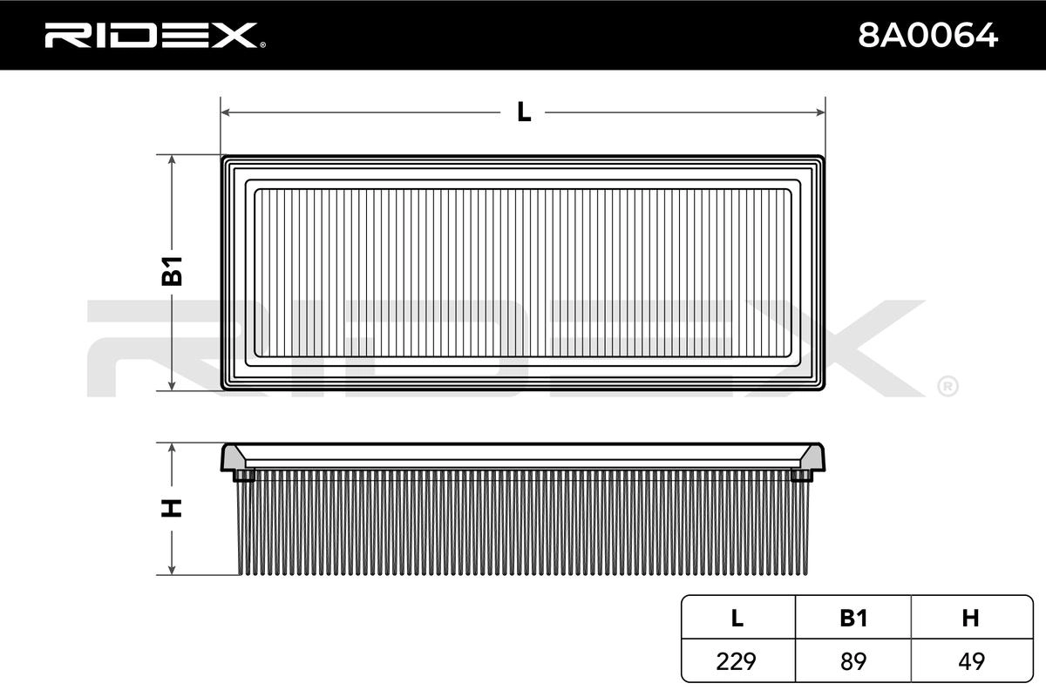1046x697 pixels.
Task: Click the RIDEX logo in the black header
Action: click(x=155, y=36)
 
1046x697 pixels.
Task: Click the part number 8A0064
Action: click(x=927, y=36)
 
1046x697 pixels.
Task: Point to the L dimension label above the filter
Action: click(x=524, y=112)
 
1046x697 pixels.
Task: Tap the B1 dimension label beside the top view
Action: click(x=172, y=271)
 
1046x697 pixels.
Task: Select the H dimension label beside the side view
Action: click(x=172, y=509)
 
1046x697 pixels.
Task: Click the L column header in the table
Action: click(x=737, y=618)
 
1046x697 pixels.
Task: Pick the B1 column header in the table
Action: click(x=853, y=618)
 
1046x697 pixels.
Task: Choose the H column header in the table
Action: click(x=970, y=618)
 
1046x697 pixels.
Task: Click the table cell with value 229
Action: click(x=736, y=661)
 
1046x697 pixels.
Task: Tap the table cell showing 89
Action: click(x=853, y=661)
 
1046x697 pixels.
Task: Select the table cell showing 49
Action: click(x=971, y=661)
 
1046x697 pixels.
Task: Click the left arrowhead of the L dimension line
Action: click(x=226, y=112)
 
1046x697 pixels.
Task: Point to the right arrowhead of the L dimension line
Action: click(x=820, y=112)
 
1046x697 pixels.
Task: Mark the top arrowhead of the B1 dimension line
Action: click(x=172, y=160)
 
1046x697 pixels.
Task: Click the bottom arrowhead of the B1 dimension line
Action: click(x=172, y=385)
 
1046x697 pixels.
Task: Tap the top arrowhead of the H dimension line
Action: click(x=172, y=449)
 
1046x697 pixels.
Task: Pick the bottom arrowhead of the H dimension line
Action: click(x=172, y=569)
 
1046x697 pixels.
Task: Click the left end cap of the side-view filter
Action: click(x=237, y=462)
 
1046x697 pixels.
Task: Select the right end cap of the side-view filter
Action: click(x=808, y=462)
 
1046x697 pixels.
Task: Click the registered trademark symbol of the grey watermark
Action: click(x=948, y=387)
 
